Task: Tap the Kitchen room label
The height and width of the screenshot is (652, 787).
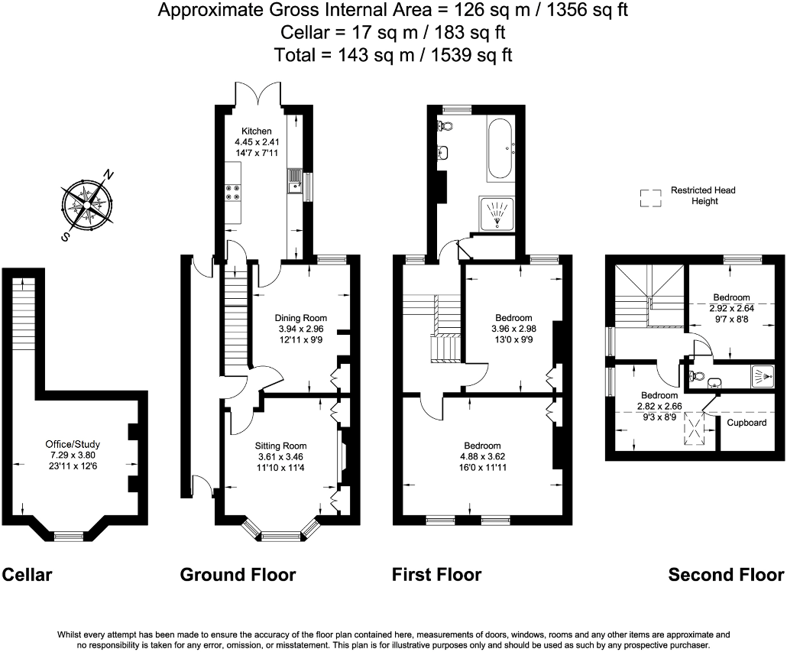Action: point(257,131)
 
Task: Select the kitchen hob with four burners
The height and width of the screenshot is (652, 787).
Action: point(233,193)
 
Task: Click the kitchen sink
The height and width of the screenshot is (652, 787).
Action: point(294,181)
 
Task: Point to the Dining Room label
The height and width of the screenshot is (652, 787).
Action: point(300,318)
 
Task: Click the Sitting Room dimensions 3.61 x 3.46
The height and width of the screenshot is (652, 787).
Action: point(280,457)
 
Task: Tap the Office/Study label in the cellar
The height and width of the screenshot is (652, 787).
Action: point(73,444)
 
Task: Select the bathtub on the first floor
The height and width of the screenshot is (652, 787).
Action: point(500,148)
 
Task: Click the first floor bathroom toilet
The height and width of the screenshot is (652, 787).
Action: point(445,125)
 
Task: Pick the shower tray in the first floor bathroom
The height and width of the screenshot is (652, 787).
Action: point(497,214)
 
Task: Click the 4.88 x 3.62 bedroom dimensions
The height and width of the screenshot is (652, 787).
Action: point(482,457)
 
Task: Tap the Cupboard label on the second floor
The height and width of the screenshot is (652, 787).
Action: point(747,423)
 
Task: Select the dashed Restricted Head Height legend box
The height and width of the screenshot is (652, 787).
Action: point(650,198)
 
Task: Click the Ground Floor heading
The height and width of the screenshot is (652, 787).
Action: point(238,575)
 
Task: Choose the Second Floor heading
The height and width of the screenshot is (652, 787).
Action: point(727,575)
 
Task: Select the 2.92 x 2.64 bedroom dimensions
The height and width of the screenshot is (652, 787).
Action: point(731,308)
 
